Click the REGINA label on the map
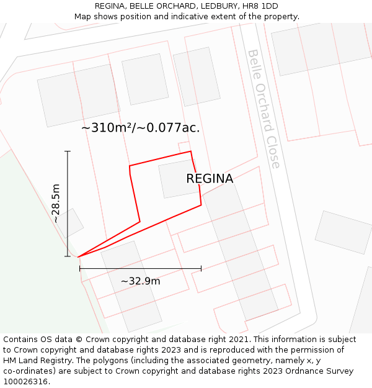210,179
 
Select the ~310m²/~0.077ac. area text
141,128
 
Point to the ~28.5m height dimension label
56,203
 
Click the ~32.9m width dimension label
140,281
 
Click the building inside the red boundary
178,179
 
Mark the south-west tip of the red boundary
79,256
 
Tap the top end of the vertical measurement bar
68,151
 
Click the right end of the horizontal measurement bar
201,269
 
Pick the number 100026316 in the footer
27,381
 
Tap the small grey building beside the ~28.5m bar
69,223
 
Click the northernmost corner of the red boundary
190,151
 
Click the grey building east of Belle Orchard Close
343,232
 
